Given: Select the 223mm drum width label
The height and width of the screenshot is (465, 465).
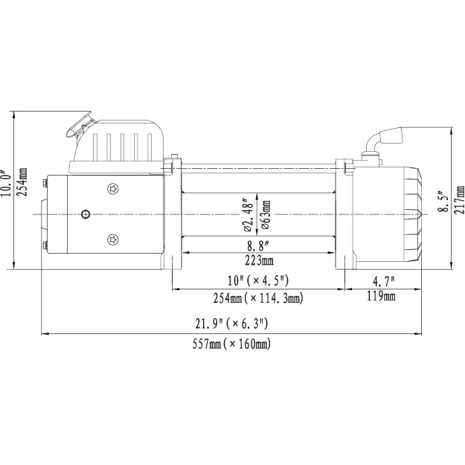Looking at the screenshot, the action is [x=259, y=260].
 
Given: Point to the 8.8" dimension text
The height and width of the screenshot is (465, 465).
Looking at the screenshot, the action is [x=258, y=246].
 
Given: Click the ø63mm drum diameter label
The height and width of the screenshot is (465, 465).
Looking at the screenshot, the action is [x=266, y=215].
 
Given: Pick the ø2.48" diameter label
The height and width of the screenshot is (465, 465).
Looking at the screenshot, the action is [x=248, y=214].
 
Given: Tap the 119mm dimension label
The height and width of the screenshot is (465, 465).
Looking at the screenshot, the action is [x=381, y=296].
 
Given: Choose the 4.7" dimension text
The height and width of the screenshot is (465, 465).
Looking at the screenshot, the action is [x=384, y=281].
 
